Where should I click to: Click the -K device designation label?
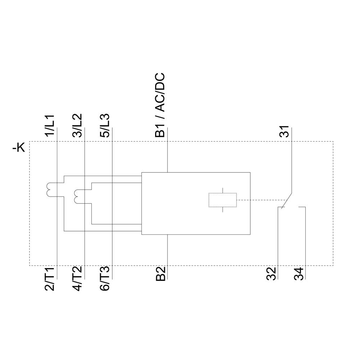click(18, 148)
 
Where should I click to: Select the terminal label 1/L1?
click(49, 125)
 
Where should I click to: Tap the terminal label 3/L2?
click(77, 125)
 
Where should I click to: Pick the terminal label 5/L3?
click(104, 125)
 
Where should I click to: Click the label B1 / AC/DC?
click(160, 105)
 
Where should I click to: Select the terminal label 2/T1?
click(49, 279)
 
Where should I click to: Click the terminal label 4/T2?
click(77, 279)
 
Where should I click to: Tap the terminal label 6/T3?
click(104, 279)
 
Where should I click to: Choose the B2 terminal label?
click(160, 274)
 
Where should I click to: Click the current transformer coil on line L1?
click(49, 190)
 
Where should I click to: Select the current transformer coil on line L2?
click(77, 196)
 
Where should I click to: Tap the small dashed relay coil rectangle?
click(222, 200)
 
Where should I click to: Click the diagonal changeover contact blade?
click(287, 199)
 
